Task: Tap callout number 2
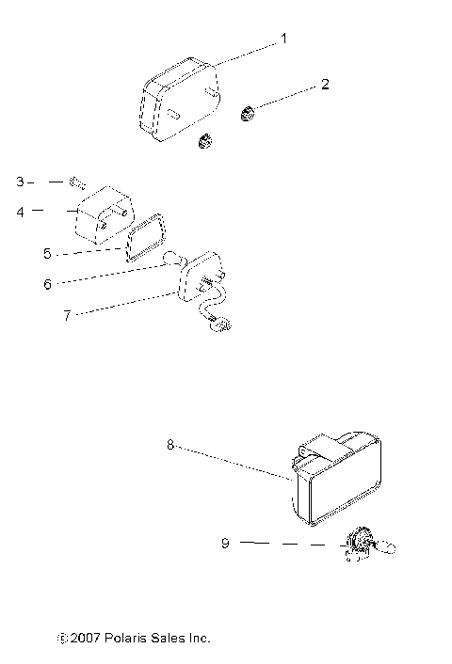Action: pos(325,85)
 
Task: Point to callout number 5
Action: pos(48,253)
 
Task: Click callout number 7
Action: pos(67,315)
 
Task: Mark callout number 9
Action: pos(224,543)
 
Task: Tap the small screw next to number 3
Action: pos(76,179)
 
